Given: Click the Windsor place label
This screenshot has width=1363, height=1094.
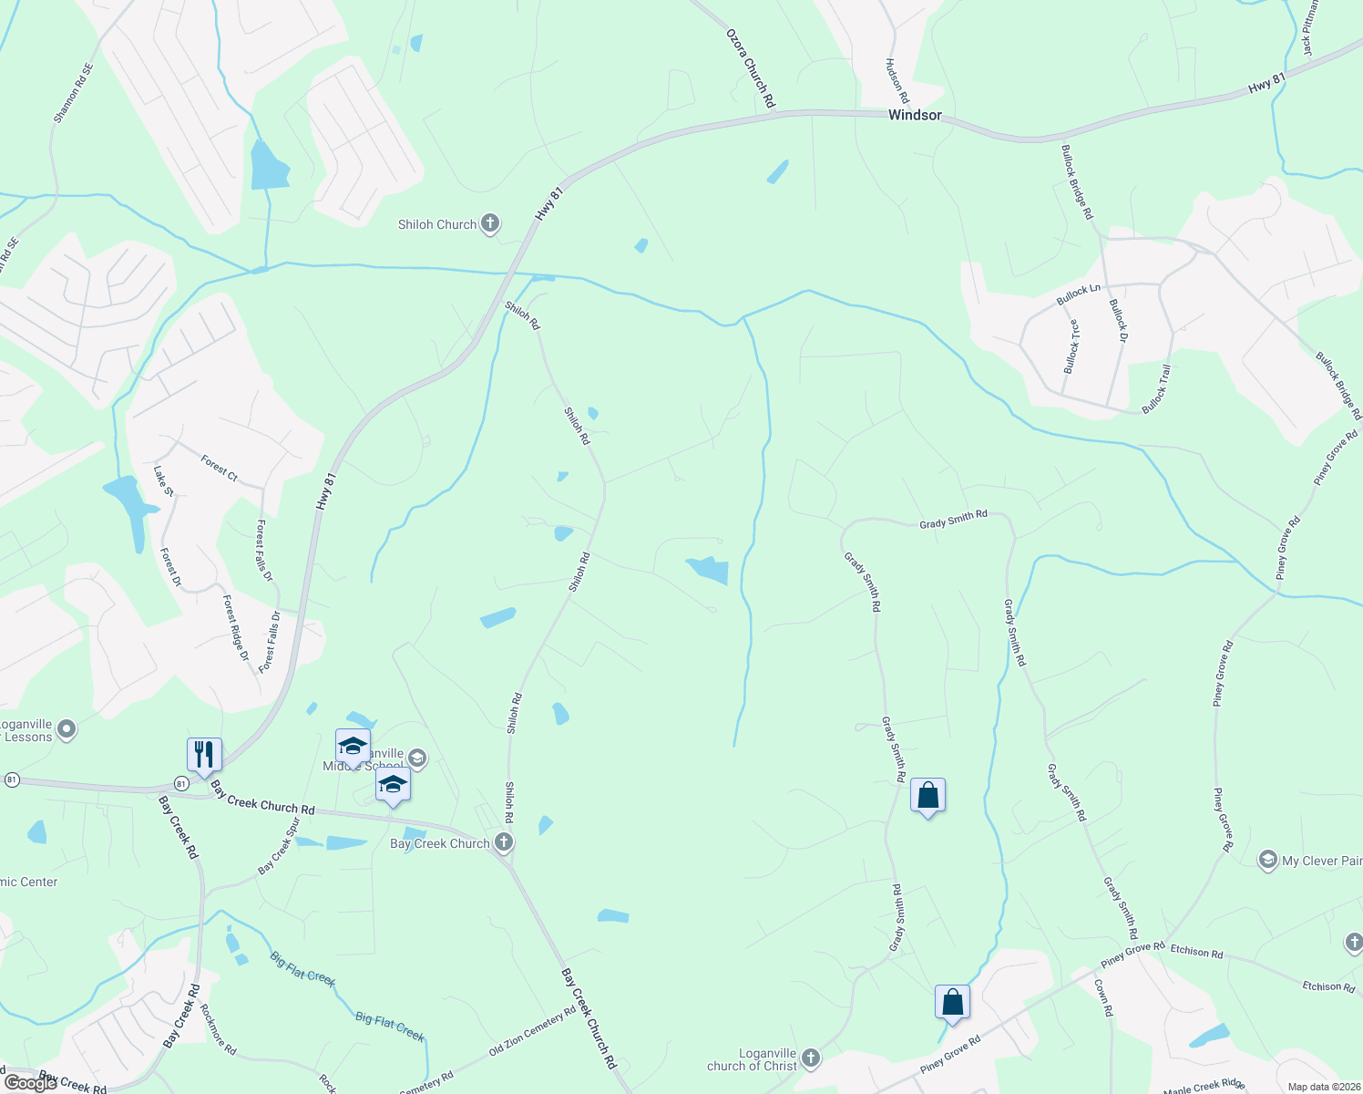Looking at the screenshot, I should (x=914, y=115).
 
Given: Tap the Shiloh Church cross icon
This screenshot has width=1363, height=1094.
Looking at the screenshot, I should (x=490, y=223).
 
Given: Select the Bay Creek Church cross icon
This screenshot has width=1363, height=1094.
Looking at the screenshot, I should (x=504, y=842).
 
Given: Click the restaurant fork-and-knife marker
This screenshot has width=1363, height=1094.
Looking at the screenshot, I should (x=203, y=755).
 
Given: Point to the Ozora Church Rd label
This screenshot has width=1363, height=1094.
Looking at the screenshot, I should (x=751, y=68).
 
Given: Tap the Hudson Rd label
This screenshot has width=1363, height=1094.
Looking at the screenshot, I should (x=897, y=81).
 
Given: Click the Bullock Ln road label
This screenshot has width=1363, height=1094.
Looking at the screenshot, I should (x=1079, y=295).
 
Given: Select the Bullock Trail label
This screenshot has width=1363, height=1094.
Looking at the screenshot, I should (x=1156, y=387).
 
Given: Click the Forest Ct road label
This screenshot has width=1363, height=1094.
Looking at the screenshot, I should (x=220, y=470).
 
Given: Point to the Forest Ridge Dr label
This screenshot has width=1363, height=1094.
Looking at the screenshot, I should (x=236, y=628).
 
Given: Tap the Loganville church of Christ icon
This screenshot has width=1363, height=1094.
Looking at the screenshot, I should (x=811, y=1058).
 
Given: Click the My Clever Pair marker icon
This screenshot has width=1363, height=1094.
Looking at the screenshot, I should (x=1267, y=860).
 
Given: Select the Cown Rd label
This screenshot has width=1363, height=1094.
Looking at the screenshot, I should (x=1102, y=998).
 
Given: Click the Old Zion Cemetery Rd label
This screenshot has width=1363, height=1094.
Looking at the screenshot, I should (x=532, y=1030).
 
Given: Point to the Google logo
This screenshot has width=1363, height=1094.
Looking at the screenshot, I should (x=31, y=1082).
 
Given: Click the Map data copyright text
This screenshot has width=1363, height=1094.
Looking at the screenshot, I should (x=1323, y=1087).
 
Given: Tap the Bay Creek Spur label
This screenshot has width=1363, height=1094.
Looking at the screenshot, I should (x=279, y=846).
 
